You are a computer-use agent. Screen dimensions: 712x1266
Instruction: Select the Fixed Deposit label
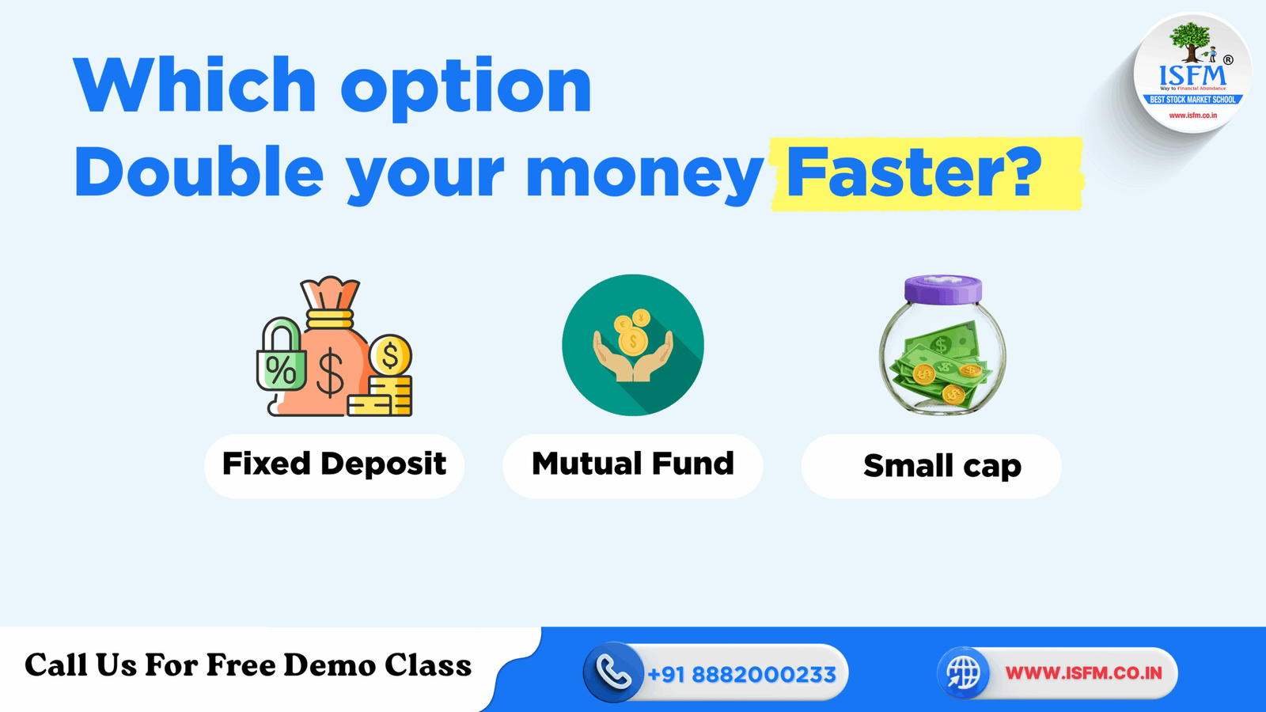pyautogui.click(x=334, y=464)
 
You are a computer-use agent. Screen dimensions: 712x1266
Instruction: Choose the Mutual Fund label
pyautogui.click(x=633, y=464)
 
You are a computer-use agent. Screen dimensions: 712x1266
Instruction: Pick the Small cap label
pyautogui.click(x=942, y=466)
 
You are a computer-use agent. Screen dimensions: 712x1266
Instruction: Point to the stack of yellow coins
pyautogui.click(x=381, y=396)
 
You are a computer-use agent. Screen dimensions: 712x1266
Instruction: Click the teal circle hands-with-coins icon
pyautogui.click(x=632, y=345)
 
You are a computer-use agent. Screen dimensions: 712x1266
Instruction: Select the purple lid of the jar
pyautogui.click(x=942, y=289)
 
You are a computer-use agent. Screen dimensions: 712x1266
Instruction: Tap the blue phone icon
pyautogui.click(x=612, y=673)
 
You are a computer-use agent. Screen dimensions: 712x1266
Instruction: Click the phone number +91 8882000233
pyautogui.click(x=741, y=674)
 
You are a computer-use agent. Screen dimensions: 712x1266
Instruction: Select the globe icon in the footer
pyautogui.click(x=963, y=673)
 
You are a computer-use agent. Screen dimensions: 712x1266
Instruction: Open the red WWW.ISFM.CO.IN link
pyautogui.click(x=1083, y=673)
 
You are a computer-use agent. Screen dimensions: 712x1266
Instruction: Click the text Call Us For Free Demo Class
pyautogui.click(x=248, y=665)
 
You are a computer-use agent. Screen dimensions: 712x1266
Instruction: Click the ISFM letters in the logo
pyautogui.click(x=1192, y=76)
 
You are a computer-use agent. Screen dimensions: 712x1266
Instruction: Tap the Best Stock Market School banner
pyautogui.click(x=1192, y=100)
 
